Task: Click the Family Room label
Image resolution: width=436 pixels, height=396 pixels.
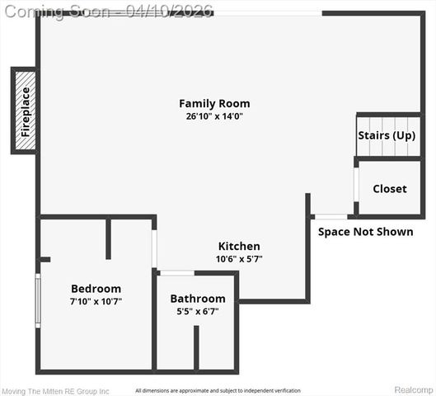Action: point(214,104)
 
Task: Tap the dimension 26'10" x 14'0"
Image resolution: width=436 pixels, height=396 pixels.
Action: point(214,116)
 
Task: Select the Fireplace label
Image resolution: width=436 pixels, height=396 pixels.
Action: point(26,111)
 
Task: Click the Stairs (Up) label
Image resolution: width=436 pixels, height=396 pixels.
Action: point(387,135)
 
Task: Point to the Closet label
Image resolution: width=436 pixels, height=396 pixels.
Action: point(389,189)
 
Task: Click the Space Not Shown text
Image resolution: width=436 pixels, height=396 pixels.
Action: point(365,232)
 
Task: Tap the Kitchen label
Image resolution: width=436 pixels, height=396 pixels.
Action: point(239,247)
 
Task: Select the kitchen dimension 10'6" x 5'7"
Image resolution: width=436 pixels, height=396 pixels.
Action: point(239,259)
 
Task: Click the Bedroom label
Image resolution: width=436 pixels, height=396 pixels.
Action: point(96,289)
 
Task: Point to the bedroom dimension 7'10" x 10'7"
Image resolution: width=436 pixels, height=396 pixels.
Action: point(96,302)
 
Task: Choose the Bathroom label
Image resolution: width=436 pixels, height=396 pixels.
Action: point(198,299)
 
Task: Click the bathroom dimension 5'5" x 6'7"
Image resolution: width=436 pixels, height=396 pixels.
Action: point(198,311)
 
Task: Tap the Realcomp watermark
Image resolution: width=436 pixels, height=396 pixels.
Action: point(413,389)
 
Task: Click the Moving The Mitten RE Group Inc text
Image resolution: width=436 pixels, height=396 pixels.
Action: point(54,390)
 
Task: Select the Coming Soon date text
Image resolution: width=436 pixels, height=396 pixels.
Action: point(106,10)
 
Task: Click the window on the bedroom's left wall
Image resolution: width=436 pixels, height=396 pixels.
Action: point(37,300)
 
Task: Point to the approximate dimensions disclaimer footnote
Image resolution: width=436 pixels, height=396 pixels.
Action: point(218,390)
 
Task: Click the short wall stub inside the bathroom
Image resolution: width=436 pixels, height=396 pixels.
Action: point(196,347)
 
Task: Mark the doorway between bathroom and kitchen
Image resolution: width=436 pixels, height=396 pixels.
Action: point(176,273)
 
